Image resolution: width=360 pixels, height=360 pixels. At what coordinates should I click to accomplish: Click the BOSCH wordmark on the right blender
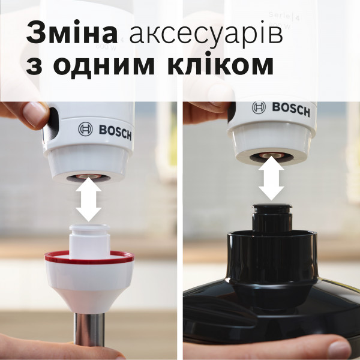pyautogui.click(x=291, y=109)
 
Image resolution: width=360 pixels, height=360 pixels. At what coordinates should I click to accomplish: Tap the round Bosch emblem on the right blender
pyautogui.click(x=259, y=107)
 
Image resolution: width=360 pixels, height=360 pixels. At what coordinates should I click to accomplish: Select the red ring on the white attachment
pyautogui.click(x=89, y=259)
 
